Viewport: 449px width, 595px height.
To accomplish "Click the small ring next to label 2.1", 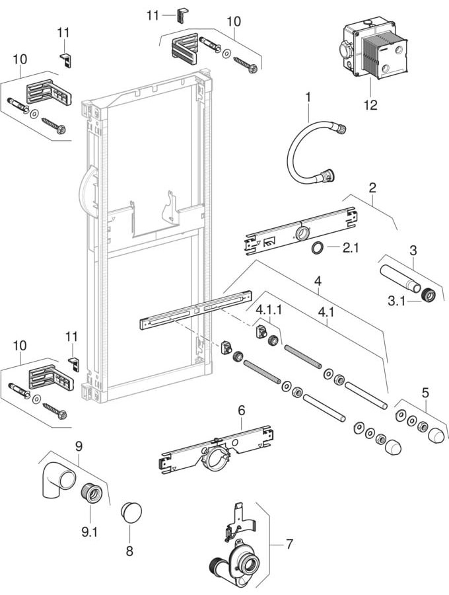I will point(318,249).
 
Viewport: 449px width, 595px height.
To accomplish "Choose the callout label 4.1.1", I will point(269,308).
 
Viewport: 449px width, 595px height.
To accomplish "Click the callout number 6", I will point(242,411).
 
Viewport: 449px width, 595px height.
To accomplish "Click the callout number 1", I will point(308,99).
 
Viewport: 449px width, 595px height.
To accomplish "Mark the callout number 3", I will point(413,251).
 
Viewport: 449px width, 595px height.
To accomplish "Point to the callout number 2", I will point(373,188).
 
